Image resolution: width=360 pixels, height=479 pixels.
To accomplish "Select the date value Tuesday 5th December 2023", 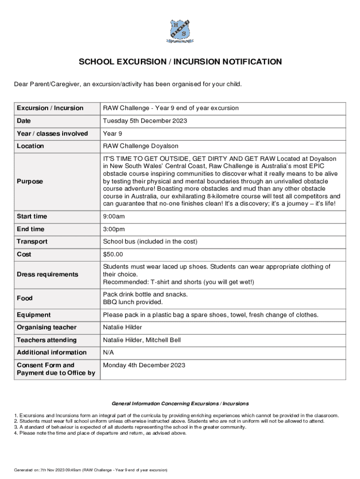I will click(x=145, y=121).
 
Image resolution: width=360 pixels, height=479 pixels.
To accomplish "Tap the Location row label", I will click(x=30, y=146).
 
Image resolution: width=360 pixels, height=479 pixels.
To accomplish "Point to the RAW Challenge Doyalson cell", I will click(x=140, y=146).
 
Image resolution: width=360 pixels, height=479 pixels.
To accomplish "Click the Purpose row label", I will click(x=30, y=181).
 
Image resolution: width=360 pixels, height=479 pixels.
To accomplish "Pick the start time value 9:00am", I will click(x=114, y=217).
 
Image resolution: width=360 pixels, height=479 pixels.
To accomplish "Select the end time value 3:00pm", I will click(x=114, y=229).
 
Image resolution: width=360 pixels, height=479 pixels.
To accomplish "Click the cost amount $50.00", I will click(x=113, y=254).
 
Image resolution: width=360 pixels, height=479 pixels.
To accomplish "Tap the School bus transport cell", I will click(x=150, y=242).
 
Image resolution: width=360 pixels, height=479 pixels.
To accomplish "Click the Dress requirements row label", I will click(x=48, y=275).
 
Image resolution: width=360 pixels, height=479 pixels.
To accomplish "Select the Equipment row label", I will click(x=34, y=315).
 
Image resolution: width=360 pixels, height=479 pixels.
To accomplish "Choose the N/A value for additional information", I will click(x=108, y=352).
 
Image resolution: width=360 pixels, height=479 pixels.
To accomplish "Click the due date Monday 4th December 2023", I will click(x=144, y=365).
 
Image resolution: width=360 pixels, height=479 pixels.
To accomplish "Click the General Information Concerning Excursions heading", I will click(x=180, y=403).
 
